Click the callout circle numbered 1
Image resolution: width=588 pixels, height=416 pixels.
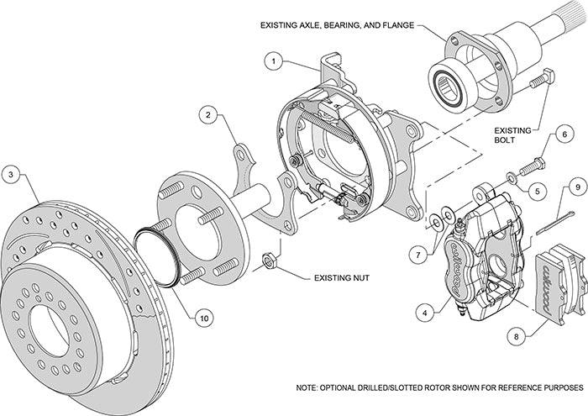[x=273, y=61]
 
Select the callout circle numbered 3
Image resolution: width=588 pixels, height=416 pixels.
[x=12, y=174]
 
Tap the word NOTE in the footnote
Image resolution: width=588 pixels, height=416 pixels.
[x=308, y=388]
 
